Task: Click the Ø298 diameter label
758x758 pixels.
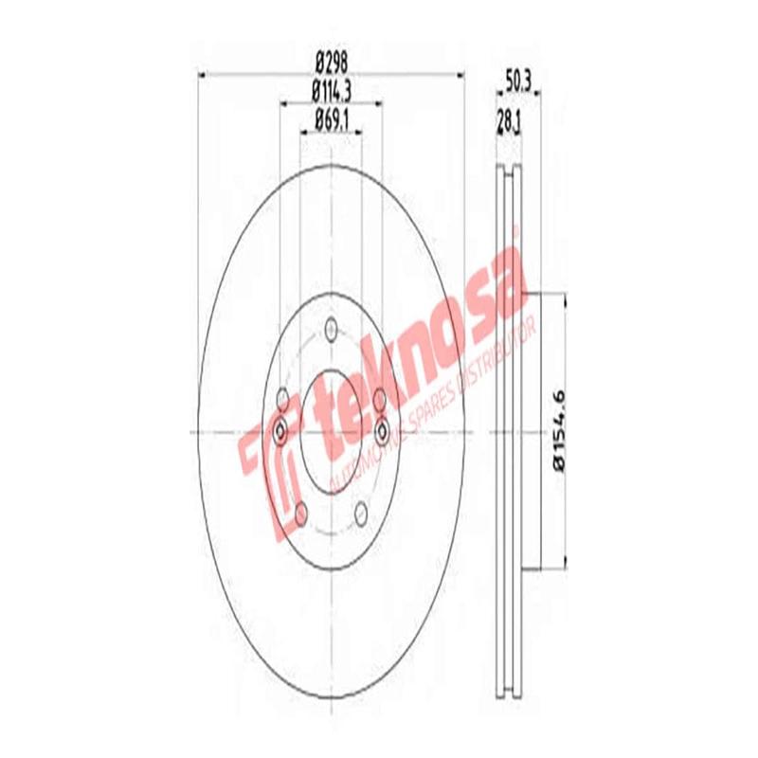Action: click(x=331, y=62)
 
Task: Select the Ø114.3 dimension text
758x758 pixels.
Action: click(x=331, y=91)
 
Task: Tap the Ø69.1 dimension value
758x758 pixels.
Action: click(x=331, y=121)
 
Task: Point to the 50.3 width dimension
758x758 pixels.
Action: click(x=517, y=81)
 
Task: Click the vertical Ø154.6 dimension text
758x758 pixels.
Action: click(x=558, y=431)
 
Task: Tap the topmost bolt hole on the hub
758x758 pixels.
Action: click(x=331, y=330)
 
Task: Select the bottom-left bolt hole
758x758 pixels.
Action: click(x=299, y=514)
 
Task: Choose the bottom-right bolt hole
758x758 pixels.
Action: click(x=362, y=514)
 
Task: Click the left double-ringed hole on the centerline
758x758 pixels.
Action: click(x=280, y=432)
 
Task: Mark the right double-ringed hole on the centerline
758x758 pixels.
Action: click(x=382, y=432)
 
